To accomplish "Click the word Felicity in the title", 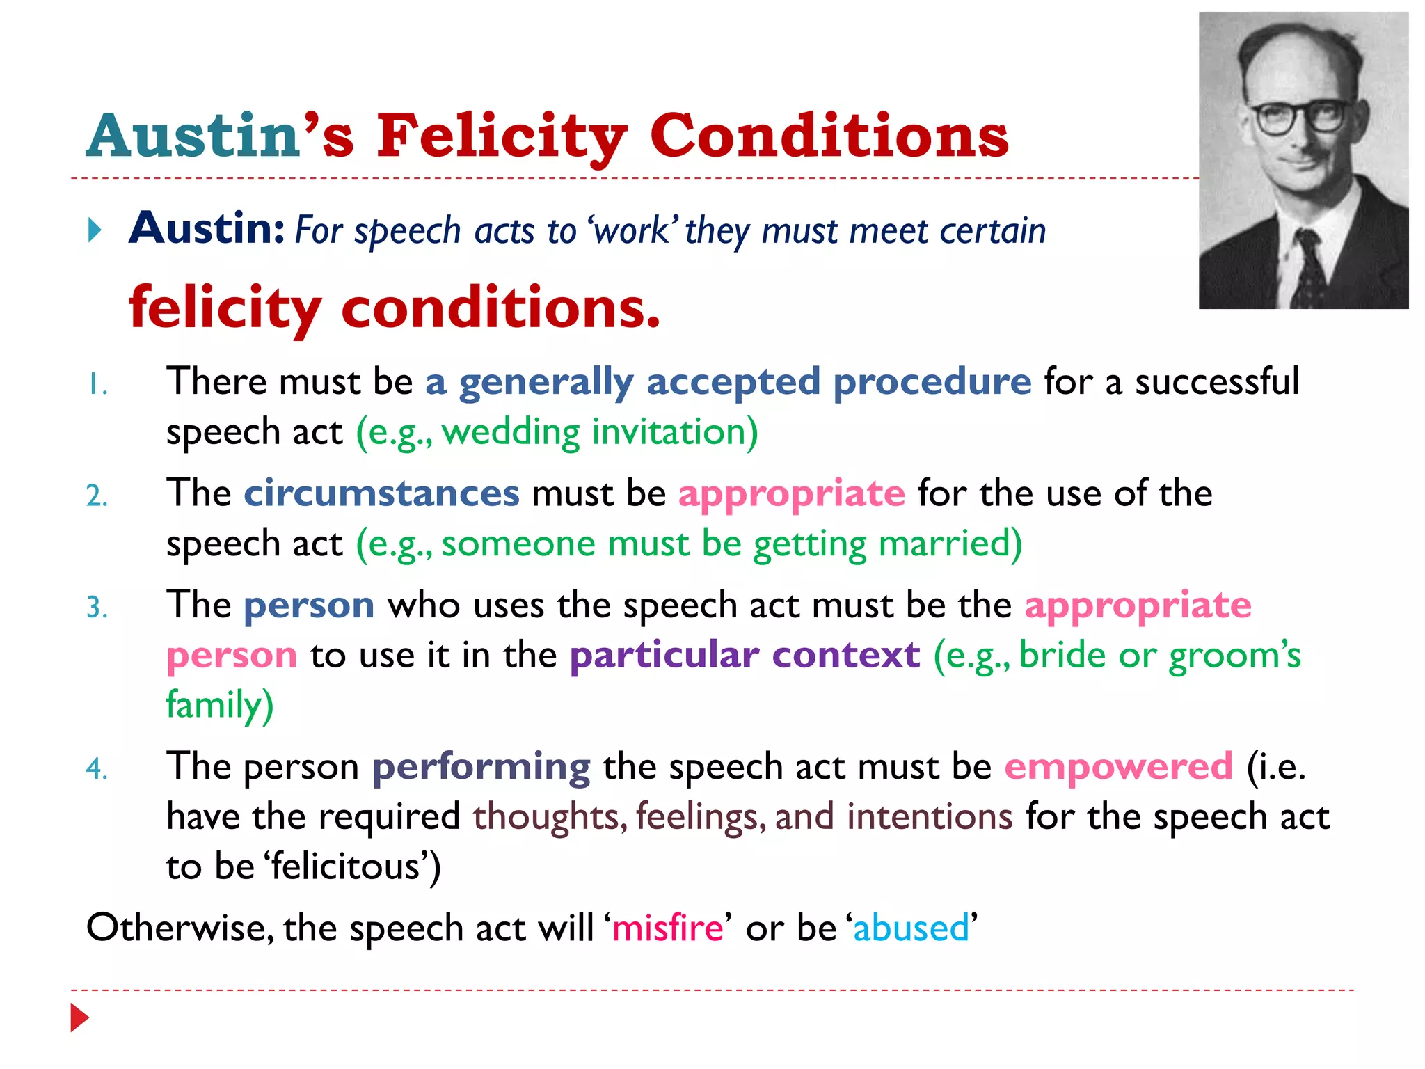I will point(501,136).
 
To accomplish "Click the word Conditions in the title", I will point(829,136).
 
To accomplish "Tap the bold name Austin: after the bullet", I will point(207,228).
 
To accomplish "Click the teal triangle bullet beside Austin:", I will point(95,230).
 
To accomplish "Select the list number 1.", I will point(97,385).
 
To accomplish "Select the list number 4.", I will point(97,769).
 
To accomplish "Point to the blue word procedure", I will point(932,382).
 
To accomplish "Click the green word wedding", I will point(511,432).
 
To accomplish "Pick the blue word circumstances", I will point(381,493).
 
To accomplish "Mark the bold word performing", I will point(481,767).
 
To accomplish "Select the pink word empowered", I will point(1118,767).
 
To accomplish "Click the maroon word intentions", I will point(929,816).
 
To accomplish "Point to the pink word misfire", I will point(667,928).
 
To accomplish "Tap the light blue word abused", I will point(911,928).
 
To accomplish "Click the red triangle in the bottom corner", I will point(80,1018).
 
